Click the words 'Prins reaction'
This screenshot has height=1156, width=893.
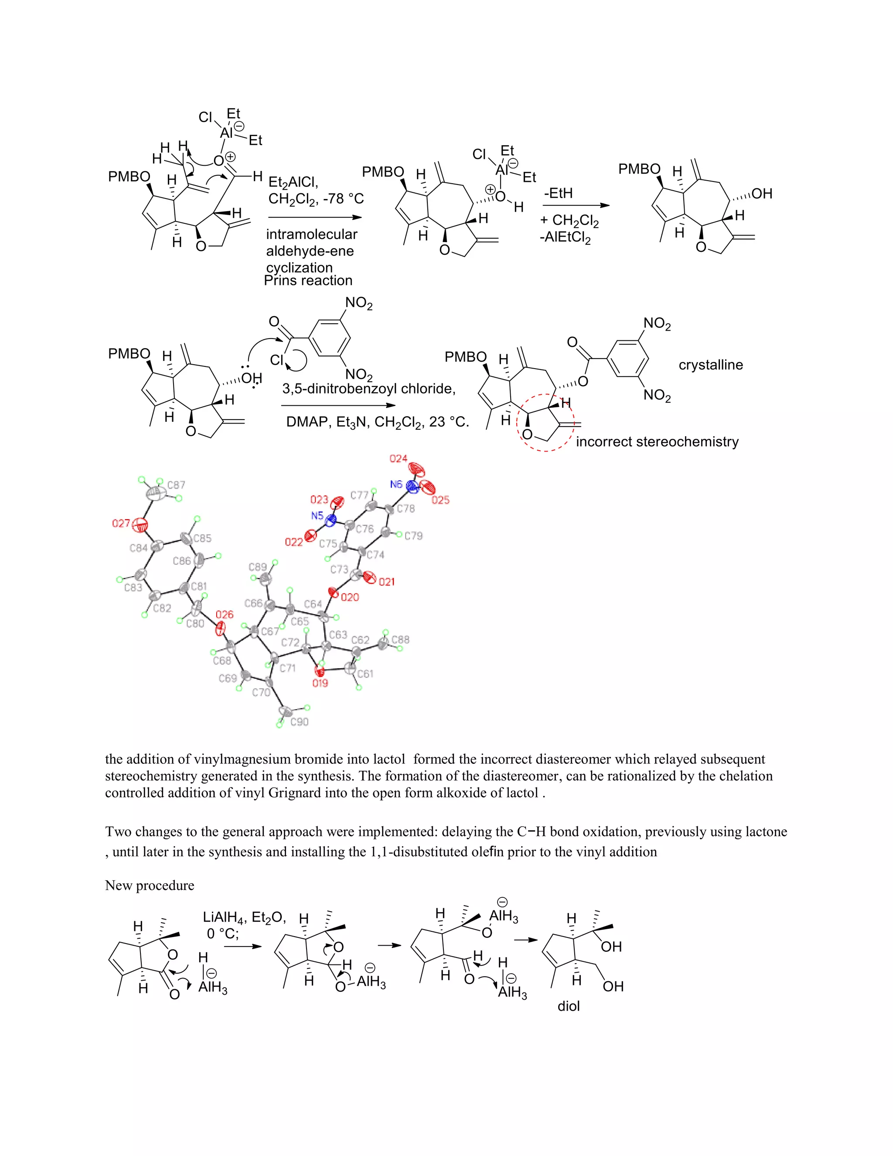click(308, 280)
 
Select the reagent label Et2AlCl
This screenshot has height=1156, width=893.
click(293, 183)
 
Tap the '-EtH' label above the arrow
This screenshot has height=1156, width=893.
click(558, 193)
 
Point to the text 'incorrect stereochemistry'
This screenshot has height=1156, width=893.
click(657, 441)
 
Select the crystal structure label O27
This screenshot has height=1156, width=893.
click(121, 523)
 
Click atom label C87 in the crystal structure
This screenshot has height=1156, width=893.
click(176, 485)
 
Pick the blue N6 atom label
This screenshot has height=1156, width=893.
click(396, 484)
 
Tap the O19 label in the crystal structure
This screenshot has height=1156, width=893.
click(320, 683)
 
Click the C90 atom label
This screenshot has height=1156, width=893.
click(300, 722)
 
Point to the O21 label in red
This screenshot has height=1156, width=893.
click(387, 581)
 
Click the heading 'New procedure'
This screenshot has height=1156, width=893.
click(150, 886)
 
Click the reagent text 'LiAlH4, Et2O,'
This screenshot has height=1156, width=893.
click(245, 917)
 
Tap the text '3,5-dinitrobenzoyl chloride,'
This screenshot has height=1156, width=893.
click(369, 389)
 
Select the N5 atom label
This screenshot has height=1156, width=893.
click(317, 516)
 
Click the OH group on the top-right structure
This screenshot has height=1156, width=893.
click(762, 194)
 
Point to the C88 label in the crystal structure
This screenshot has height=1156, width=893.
click(400, 640)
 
